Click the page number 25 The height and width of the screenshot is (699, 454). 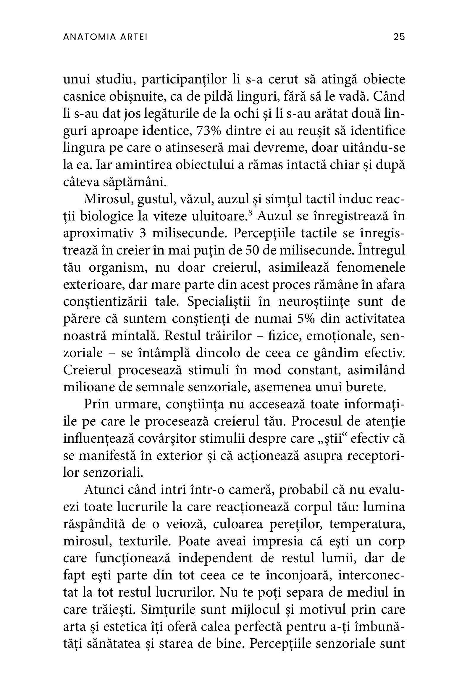coord(399,37)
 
